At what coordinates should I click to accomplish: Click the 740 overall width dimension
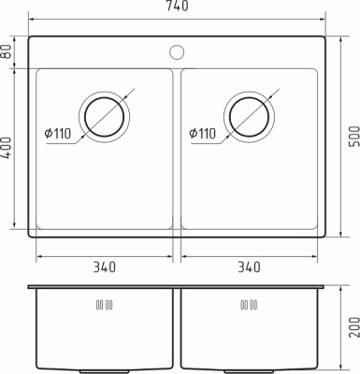[x=177, y=6]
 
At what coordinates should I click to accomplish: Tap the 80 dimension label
[x=7, y=51]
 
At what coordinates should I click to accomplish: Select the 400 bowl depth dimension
[x=7, y=148]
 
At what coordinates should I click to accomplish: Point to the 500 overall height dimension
[x=354, y=137]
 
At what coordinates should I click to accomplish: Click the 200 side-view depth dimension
[x=354, y=327]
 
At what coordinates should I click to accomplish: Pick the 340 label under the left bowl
[x=105, y=267]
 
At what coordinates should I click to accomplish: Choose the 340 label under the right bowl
[x=249, y=267]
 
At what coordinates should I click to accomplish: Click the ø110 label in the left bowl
[x=58, y=134]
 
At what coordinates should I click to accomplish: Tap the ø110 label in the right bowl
[x=202, y=134]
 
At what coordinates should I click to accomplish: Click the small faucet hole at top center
[x=177, y=52]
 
